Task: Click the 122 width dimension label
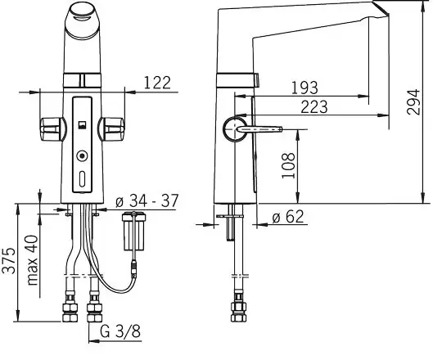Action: pos(157,83)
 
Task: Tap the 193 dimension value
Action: pos(304,88)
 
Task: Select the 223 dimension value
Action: pos(314,106)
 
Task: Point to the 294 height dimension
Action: pos(413,102)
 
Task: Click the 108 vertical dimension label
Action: pos(288,165)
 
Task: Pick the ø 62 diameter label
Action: pos(288,217)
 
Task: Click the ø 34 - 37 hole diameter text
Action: pos(147,200)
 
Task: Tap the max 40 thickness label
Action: pos(33,259)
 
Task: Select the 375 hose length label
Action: pos(8,260)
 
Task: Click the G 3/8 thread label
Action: pos(120,331)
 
